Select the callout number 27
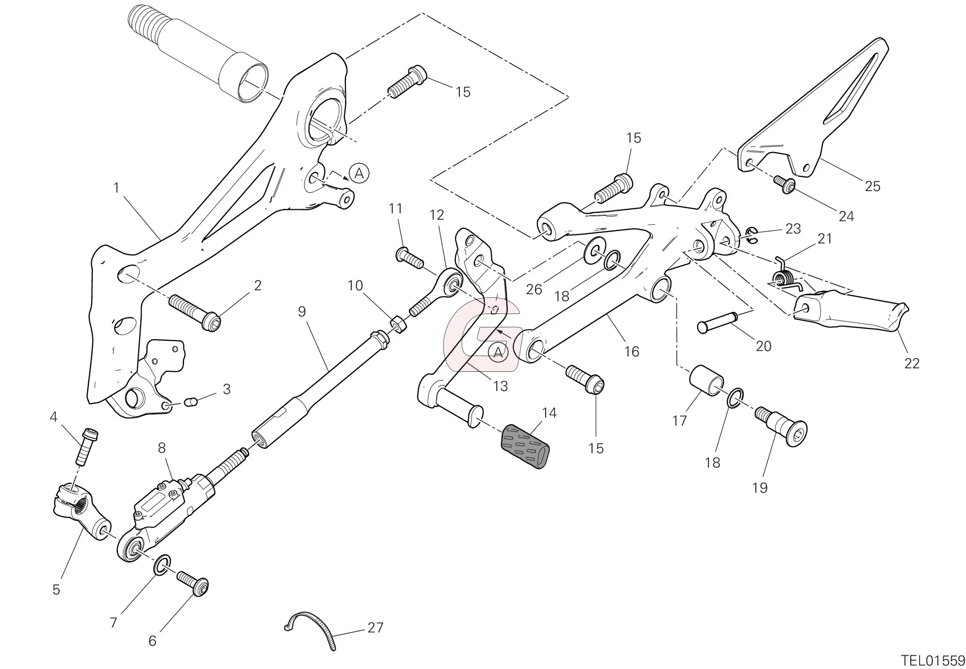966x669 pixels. click(375, 628)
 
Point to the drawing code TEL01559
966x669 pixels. click(932, 660)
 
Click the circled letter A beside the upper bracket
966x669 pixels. click(359, 173)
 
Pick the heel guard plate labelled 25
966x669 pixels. click(814, 114)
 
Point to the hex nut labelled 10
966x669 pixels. click(399, 324)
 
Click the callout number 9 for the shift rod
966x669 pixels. click(302, 312)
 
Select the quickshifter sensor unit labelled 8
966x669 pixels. click(173, 504)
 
